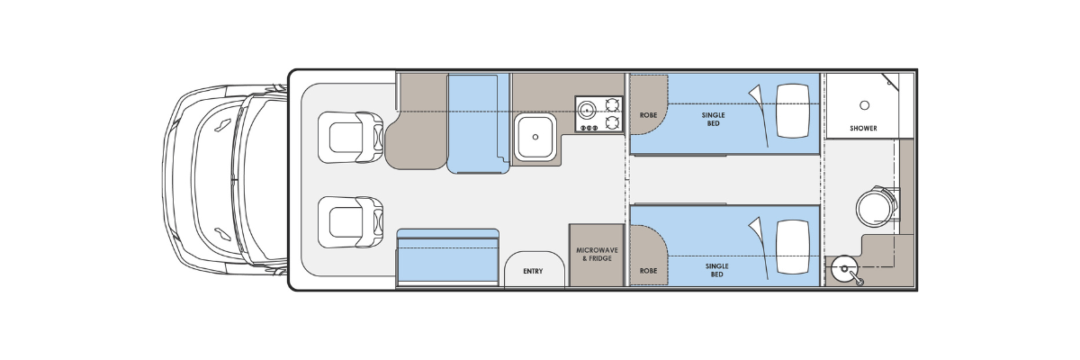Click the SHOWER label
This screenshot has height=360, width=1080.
pos(863,128)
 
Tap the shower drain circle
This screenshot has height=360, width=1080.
pos(865,105)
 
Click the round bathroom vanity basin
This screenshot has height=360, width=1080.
pos(845,269)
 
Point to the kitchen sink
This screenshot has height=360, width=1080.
pos(535,137)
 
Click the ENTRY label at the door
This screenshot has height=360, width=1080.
pos(533,271)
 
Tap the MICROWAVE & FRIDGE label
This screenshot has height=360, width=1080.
pos(597,255)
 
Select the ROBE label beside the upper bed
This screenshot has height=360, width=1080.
pos(648,115)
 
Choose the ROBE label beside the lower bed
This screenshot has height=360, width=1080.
pos(648,271)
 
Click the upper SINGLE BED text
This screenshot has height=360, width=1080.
pos(713,119)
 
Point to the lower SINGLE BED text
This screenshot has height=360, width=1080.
pos(717,270)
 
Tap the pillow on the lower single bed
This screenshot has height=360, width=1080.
pos(793,247)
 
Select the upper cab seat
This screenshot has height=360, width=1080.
pos(350,138)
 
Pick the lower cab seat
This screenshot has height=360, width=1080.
pos(350,222)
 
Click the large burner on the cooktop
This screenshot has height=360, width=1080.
pos(587,110)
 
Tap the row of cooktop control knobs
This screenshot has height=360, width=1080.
pos(589,128)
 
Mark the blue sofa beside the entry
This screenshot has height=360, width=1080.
pos(447,258)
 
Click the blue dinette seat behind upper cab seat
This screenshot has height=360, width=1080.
pos(478,123)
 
